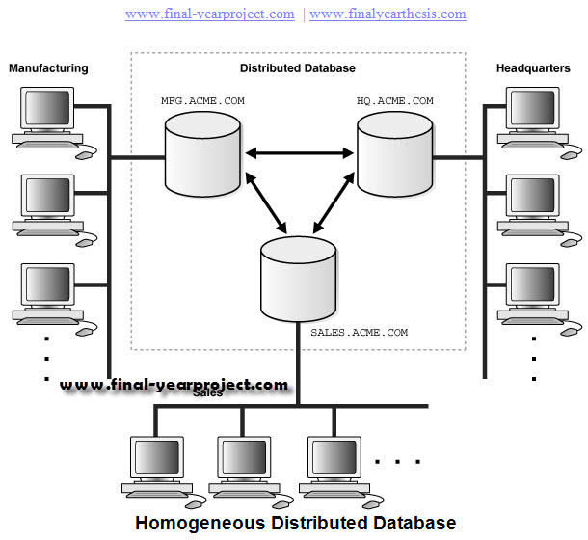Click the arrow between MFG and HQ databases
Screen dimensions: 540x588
pos(298,151)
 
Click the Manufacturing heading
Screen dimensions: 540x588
pos(48,68)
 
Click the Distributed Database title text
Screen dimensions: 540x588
pos(297,68)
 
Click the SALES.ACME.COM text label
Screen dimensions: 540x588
pos(359,332)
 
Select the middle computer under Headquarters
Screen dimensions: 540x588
pos(530,207)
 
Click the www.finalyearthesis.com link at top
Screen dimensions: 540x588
pos(388,14)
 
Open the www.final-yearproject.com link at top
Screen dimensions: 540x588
pos(210,14)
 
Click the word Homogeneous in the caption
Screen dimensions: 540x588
pos(200,524)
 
